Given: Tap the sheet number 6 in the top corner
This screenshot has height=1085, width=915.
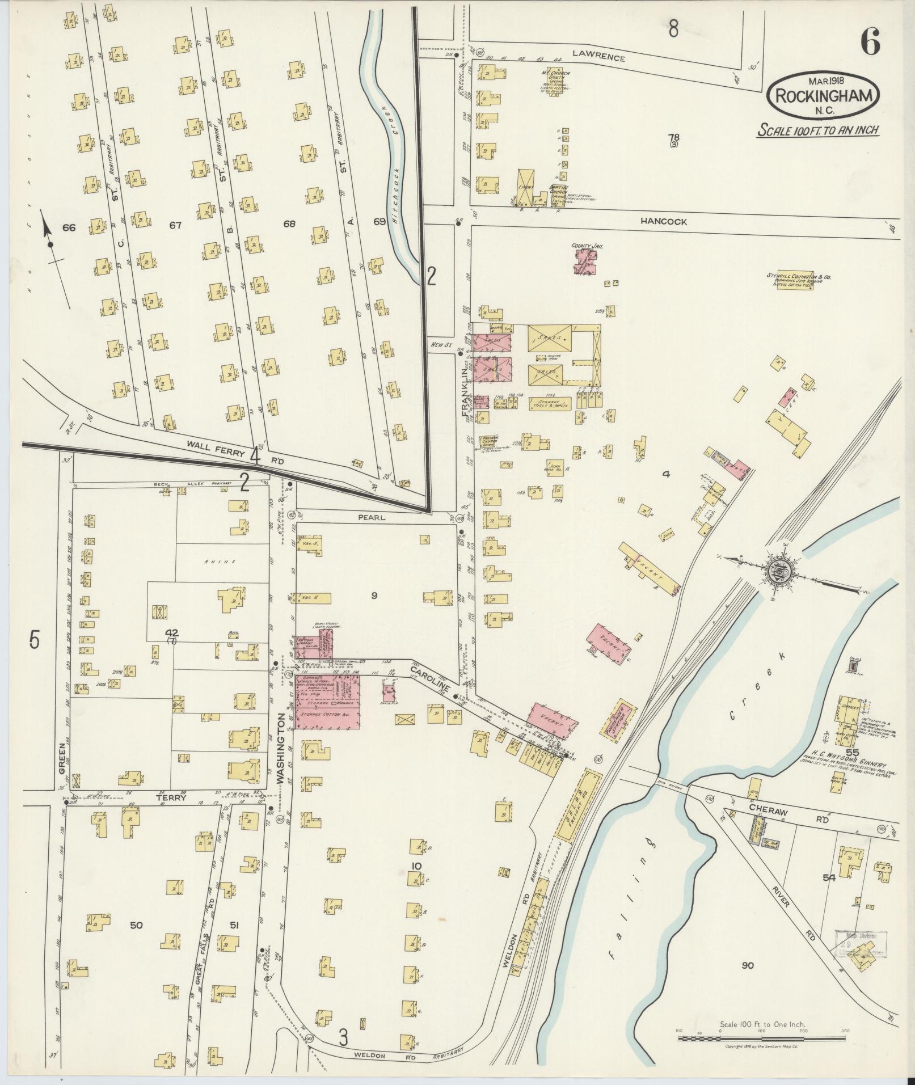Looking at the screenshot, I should click(870, 40).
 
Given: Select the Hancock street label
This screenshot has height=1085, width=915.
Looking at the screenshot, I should click(663, 222).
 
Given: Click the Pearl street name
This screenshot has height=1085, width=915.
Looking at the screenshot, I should click(372, 517).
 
